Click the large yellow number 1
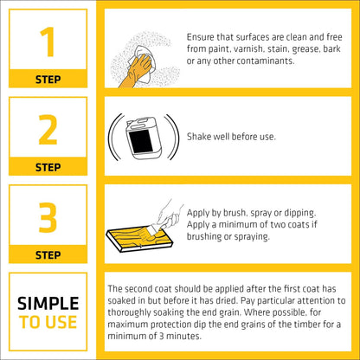point(48,42)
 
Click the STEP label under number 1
point(48,80)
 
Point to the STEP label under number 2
point(48,166)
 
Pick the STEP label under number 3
point(48,254)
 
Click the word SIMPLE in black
point(48,303)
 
